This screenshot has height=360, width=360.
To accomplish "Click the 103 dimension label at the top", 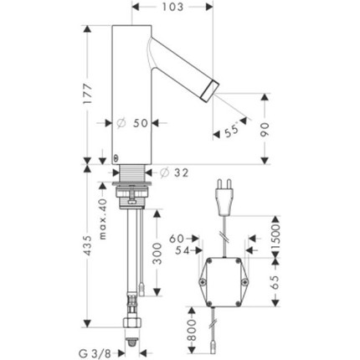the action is coord(172,7).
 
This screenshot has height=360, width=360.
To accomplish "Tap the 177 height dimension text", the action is coord(88,94).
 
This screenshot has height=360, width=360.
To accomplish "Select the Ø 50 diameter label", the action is coord(133,123).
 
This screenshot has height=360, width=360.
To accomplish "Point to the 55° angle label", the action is coord(232,130).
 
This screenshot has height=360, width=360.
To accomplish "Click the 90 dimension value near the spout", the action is coord(265,130).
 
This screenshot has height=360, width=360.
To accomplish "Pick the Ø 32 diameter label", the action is coord(174,173).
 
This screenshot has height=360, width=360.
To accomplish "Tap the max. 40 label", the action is coord(103,219).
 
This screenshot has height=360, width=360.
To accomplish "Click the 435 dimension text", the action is coord(88,245).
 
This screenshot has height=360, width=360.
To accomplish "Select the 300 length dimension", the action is coord(157,254).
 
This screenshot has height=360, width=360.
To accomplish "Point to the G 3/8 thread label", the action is coord(95,353).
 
